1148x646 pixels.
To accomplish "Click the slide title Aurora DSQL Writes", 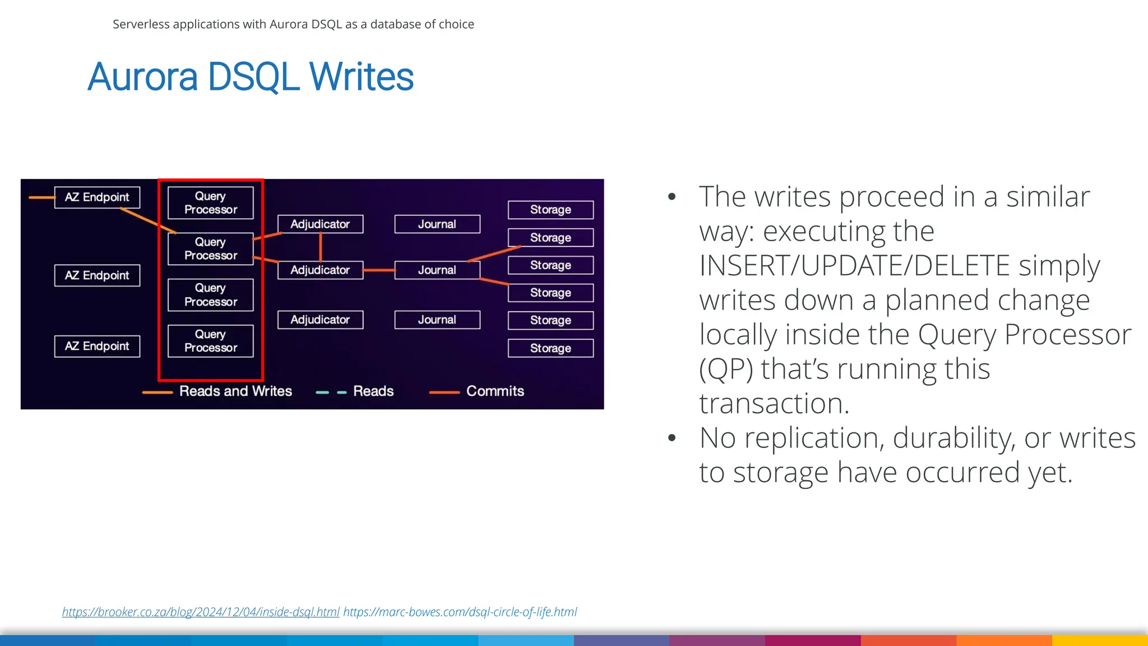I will pyautogui.click(x=251, y=77).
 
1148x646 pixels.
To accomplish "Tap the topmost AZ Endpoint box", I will pyautogui.click(x=97, y=197).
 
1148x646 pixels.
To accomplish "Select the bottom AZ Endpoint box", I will pyautogui.click(x=97, y=346).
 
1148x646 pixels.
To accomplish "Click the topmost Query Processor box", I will pyautogui.click(x=211, y=203).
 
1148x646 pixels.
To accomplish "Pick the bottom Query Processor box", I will pyautogui.click(x=211, y=341).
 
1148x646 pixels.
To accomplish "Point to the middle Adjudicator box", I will pyautogui.click(x=320, y=270).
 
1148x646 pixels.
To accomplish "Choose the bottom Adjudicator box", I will pyautogui.click(x=320, y=320).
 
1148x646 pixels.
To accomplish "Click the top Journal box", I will pyautogui.click(x=437, y=224).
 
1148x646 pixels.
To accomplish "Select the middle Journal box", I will pyautogui.click(x=437, y=270).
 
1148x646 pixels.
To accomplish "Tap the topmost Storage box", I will pyautogui.click(x=550, y=210).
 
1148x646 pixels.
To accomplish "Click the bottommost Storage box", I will pyautogui.click(x=550, y=348).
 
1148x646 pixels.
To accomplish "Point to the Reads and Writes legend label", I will pyautogui.click(x=235, y=391).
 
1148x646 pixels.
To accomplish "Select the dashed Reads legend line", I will pyautogui.click(x=331, y=392).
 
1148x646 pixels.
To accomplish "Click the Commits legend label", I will pyautogui.click(x=495, y=391).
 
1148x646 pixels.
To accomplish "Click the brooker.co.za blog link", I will pyautogui.click(x=201, y=612).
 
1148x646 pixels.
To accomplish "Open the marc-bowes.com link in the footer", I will pyautogui.click(x=460, y=612).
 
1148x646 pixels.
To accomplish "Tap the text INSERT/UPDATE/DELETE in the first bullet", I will pyautogui.click(x=854, y=266).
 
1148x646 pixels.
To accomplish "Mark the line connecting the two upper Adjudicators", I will pyautogui.click(x=321, y=247).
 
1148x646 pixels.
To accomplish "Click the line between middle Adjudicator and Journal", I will pyautogui.click(x=379, y=270).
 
